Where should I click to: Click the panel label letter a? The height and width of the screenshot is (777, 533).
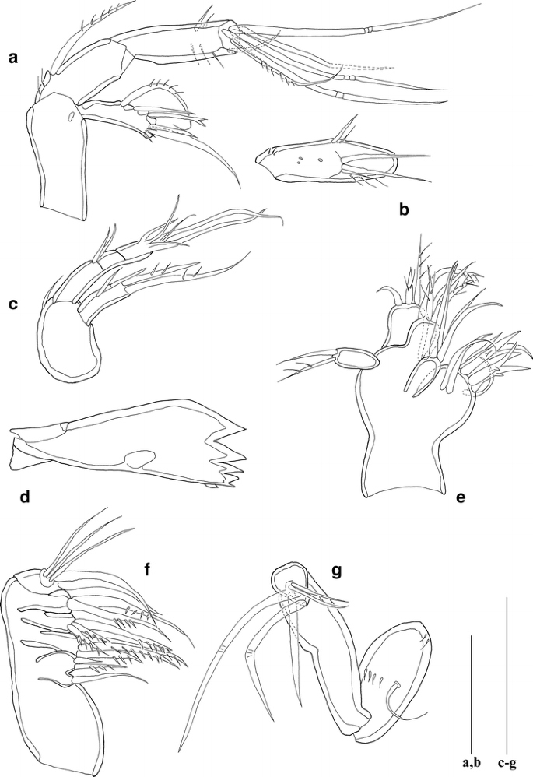(13, 58)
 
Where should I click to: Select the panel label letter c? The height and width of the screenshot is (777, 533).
(13, 304)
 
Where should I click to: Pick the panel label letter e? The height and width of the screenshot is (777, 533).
(460, 498)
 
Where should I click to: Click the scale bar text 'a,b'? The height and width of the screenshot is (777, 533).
(471, 762)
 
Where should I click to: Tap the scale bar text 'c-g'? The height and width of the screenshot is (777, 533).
(507, 762)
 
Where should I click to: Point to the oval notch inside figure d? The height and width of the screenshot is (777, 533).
(140, 459)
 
